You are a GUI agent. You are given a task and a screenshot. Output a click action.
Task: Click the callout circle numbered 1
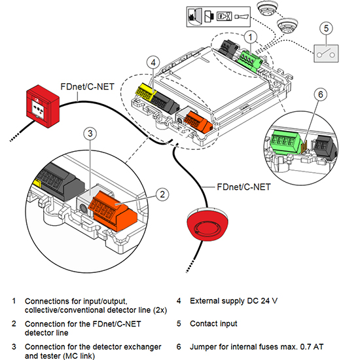251,37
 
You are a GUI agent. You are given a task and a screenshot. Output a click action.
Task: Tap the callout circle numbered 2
162,194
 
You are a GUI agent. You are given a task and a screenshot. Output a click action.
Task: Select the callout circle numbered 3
90,134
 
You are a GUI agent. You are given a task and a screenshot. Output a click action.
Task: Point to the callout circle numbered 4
153,62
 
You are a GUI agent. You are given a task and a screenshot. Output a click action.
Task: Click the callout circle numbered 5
326,28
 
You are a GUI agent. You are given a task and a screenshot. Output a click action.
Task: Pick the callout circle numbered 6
321,94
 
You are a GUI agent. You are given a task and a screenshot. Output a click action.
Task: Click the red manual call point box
43,106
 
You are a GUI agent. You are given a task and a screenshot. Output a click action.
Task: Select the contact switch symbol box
326,54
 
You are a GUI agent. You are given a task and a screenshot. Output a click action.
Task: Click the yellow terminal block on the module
145,92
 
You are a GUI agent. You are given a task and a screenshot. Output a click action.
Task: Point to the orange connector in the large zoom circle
113,211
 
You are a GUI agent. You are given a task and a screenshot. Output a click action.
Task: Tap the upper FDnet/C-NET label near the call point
87,87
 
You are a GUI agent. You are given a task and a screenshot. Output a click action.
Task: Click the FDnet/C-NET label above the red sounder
243,187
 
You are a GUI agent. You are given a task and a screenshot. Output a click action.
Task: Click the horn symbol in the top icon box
242,16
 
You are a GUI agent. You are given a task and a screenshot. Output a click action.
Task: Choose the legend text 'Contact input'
213,323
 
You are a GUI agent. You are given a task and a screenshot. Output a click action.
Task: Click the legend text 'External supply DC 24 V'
234,301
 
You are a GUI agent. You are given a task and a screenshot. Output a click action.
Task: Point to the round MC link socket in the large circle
83,209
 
